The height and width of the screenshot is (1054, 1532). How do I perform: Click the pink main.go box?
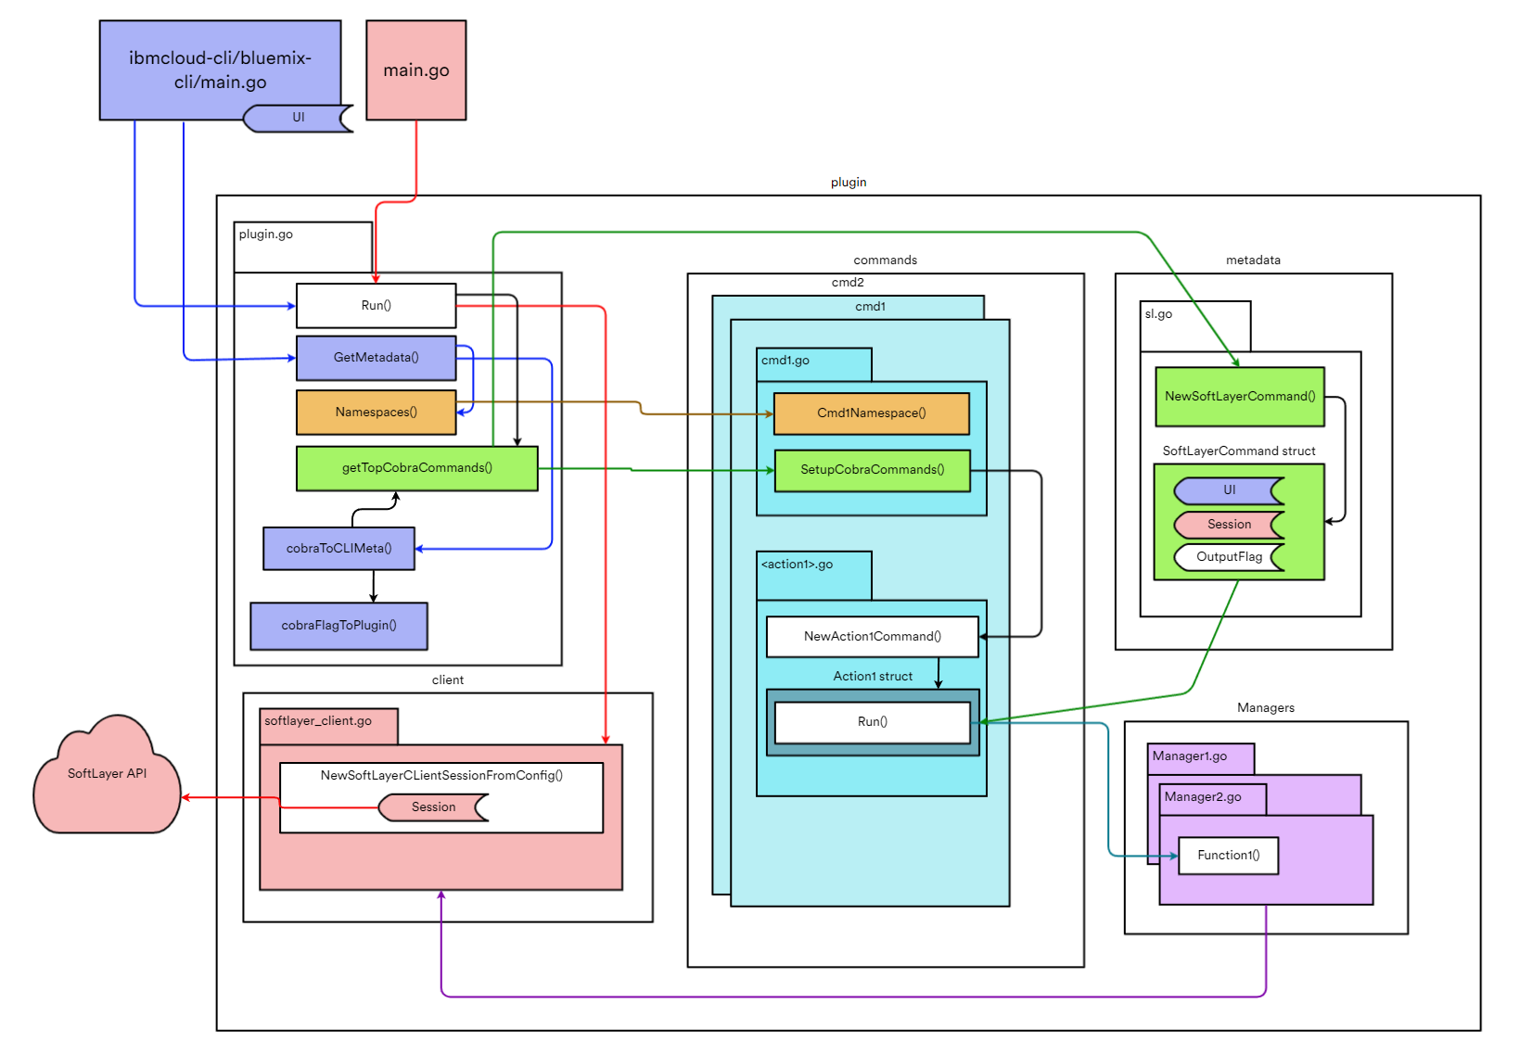click(x=415, y=70)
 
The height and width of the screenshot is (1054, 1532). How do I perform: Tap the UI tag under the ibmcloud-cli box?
click(x=298, y=118)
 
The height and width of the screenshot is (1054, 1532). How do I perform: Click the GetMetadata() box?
click(x=376, y=358)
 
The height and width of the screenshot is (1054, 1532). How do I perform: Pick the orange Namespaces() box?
click(x=376, y=413)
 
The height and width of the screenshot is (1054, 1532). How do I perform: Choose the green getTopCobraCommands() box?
click(x=416, y=468)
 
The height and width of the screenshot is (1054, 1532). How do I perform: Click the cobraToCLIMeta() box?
click(x=338, y=549)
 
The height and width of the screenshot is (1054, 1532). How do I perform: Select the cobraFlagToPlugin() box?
click(x=338, y=626)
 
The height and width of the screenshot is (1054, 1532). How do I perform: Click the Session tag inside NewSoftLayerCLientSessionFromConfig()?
click(x=433, y=807)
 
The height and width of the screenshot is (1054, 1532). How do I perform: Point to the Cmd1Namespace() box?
click(x=871, y=413)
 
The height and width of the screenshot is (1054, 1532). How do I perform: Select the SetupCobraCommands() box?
click(x=872, y=470)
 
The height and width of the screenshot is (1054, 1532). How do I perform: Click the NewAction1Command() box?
click(x=872, y=637)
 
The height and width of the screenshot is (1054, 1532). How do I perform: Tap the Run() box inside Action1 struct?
click(x=872, y=722)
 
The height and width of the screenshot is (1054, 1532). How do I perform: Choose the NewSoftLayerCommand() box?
click(x=1239, y=397)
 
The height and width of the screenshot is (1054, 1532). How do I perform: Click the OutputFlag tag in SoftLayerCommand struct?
click(x=1229, y=557)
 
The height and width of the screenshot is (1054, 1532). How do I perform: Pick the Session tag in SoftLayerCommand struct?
click(x=1229, y=525)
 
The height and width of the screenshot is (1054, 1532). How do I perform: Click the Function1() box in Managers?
click(x=1228, y=856)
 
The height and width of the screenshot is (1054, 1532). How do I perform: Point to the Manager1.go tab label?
click(x=1190, y=756)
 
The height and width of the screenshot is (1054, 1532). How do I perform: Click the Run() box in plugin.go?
click(x=376, y=306)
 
